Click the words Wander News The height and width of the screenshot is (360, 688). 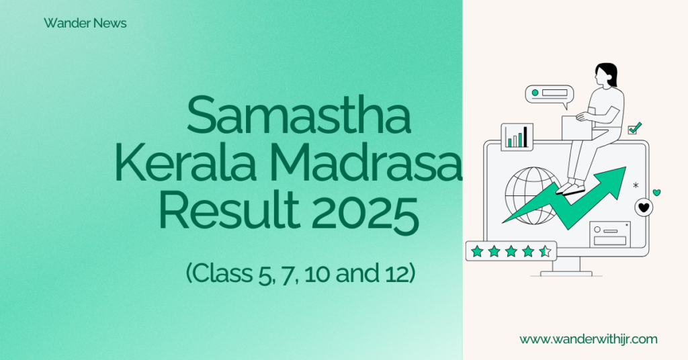(x=85, y=24)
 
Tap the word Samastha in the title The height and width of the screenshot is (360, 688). (x=299, y=116)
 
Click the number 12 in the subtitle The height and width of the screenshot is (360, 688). (x=396, y=273)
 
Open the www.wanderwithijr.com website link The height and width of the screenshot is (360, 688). (x=589, y=339)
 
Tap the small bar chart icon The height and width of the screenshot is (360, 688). (x=517, y=137)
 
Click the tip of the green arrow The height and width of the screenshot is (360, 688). (x=626, y=167)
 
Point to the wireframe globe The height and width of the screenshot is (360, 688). (x=533, y=195)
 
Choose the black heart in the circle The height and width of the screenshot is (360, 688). (x=644, y=208)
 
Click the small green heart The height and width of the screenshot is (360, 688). (x=656, y=193)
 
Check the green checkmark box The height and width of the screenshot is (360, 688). (x=634, y=128)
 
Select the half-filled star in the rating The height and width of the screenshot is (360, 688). (x=545, y=251)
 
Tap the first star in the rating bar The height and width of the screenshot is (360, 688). (x=477, y=251)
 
